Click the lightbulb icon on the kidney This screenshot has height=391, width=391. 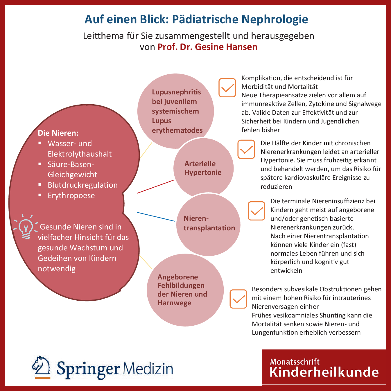(x=26, y=227)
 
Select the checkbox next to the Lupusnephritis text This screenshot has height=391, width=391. (x=227, y=87)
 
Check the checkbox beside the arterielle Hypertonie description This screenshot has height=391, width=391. (x=246, y=149)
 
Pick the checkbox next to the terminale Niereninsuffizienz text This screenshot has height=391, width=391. (x=257, y=211)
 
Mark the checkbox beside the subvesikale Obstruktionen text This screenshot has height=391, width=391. (x=238, y=299)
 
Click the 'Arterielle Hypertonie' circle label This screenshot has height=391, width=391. (x=203, y=168)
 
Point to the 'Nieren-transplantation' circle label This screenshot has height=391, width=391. (x=209, y=223)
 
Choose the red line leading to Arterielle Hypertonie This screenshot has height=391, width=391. (x=155, y=186)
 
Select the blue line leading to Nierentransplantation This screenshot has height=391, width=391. (x=156, y=217)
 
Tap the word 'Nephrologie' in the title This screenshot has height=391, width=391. (x=275, y=19)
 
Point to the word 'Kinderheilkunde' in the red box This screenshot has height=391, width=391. (x=324, y=372)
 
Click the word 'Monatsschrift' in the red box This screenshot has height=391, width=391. (x=295, y=362)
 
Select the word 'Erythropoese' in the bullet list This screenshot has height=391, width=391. (x=71, y=196)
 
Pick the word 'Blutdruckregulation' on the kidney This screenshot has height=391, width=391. (x=82, y=185)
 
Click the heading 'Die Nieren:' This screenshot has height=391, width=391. (x=58, y=133)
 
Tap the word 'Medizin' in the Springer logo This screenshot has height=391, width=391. (x=148, y=369)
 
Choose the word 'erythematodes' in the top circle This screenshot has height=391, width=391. (x=177, y=130)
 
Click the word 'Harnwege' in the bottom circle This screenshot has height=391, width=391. (x=174, y=303)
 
